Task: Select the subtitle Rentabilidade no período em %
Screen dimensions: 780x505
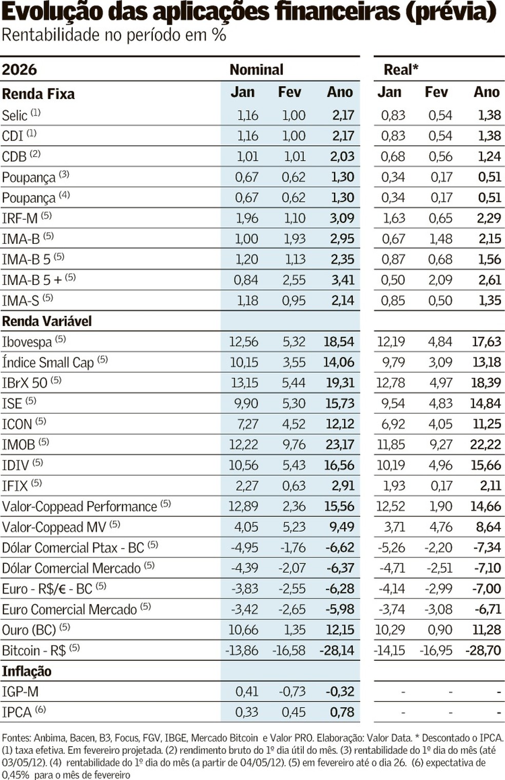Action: point(114,35)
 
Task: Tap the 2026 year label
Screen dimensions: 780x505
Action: point(20,69)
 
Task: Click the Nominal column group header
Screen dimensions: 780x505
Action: point(256,69)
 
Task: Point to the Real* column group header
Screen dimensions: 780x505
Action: point(401,69)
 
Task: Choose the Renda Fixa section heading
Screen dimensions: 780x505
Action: point(38,94)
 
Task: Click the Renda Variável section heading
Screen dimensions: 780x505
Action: point(47,321)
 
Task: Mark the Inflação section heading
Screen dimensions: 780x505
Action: point(27,671)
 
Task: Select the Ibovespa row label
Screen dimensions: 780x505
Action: point(27,342)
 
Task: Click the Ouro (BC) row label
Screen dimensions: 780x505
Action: point(29,630)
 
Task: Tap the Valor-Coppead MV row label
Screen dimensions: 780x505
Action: point(54,527)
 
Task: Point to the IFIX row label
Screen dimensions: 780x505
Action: point(15,486)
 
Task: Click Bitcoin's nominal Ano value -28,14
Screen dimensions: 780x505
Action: point(337,651)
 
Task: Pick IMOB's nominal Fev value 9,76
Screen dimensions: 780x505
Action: point(294,445)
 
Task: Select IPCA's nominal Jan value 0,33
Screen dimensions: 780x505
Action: point(246,712)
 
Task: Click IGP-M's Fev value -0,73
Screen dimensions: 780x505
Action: point(292,692)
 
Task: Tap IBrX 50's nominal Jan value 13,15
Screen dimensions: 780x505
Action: point(244,383)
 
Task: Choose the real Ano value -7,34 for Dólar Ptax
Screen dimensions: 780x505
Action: point(486,547)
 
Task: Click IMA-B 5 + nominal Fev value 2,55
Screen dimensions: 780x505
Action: point(294,280)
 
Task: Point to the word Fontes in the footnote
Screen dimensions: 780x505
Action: point(16,738)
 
